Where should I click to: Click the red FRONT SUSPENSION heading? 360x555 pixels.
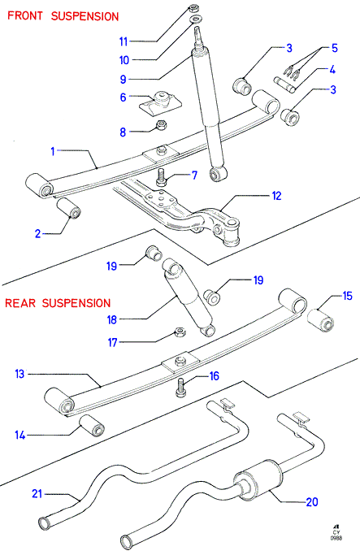tap(63, 16)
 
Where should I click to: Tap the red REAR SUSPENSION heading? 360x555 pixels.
tap(58, 303)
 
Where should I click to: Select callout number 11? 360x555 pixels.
tap(124, 41)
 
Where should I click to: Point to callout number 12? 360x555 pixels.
tap(276, 196)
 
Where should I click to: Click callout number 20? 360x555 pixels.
tap(312, 502)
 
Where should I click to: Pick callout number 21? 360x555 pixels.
tap(37, 494)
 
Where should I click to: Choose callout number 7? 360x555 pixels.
tap(194, 176)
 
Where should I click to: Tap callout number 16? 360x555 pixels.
tap(215, 376)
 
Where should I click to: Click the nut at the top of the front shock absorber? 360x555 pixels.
tap(194, 7)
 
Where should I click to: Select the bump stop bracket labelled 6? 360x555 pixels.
tap(160, 102)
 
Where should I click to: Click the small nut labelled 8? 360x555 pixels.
tap(162, 124)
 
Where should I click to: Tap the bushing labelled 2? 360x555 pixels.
tap(69, 209)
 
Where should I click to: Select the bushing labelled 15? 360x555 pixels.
tap(321, 321)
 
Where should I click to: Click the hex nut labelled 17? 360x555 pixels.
tap(180, 332)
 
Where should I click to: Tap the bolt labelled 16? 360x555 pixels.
tap(180, 388)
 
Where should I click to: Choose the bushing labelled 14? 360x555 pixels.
tap(92, 426)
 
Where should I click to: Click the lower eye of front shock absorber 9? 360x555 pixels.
tap(218, 173)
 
